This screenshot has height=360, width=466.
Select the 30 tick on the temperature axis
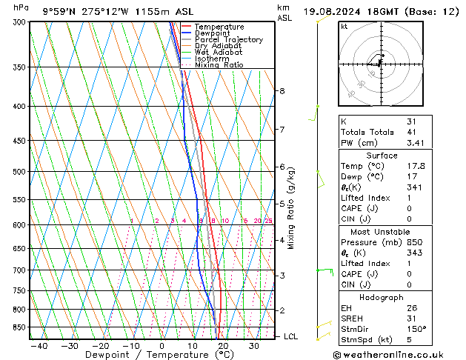[254, 346]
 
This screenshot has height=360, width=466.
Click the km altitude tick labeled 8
[282, 91]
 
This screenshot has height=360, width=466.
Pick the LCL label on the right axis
[291, 336]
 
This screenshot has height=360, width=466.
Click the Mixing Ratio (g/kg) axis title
[291, 208]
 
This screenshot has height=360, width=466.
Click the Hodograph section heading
[382, 296]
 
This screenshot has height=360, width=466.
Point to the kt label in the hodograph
[344, 26]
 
